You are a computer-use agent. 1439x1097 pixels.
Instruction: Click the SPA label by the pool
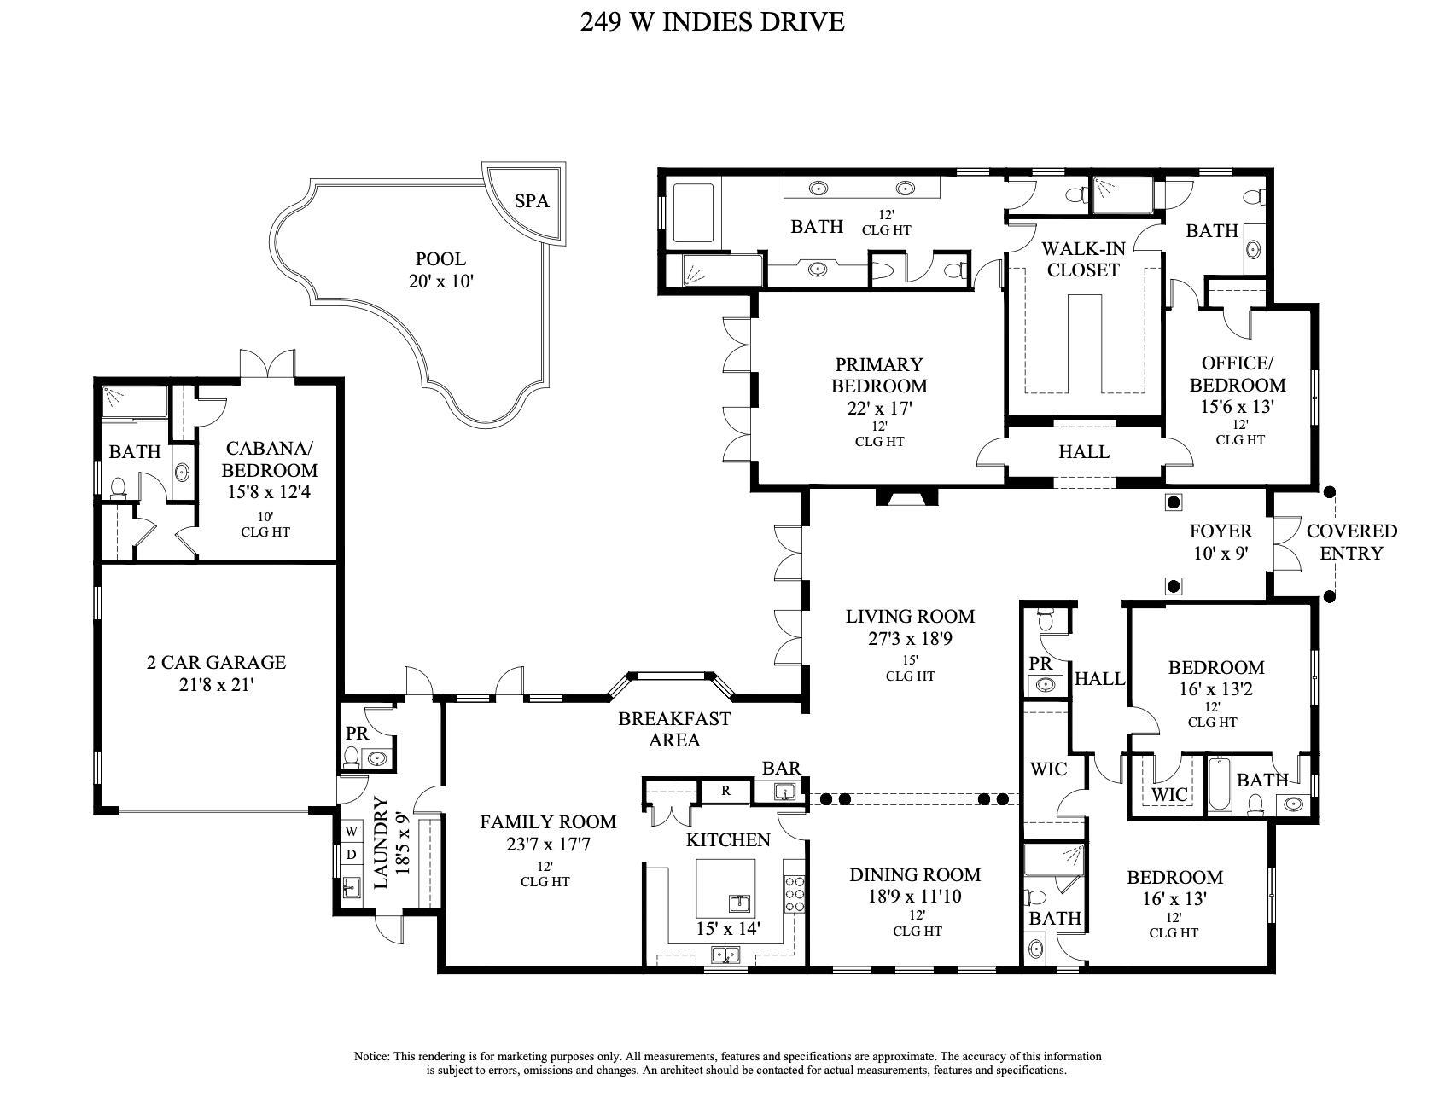531,202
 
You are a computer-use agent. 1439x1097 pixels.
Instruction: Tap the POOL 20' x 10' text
440,270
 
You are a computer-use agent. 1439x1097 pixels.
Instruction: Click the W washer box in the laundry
351,830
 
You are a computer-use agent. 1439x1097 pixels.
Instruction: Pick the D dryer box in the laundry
351,854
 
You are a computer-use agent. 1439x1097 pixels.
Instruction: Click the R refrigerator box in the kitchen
725,791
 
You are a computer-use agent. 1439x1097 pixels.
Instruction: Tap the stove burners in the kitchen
795,895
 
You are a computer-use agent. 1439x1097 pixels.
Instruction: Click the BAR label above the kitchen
781,768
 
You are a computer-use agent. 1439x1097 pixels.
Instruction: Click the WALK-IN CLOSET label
1083,259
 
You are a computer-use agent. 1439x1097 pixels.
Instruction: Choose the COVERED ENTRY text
1351,542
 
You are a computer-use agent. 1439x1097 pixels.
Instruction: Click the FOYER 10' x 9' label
1221,542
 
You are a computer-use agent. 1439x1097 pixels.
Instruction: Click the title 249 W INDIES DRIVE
712,21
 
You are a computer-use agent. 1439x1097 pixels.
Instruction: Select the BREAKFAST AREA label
674,728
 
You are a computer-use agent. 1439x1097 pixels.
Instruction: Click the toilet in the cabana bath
119,487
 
